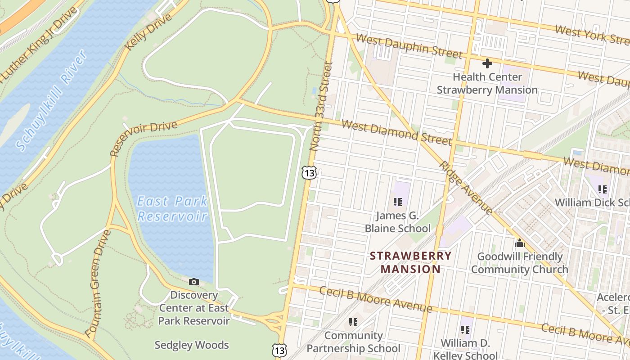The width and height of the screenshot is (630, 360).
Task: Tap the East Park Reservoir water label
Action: click(x=172, y=208)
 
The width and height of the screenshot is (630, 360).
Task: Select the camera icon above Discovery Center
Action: click(x=194, y=282)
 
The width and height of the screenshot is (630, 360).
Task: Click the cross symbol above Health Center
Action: click(x=487, y=63)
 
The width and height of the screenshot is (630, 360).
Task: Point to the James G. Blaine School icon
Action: click(x=397, y=202)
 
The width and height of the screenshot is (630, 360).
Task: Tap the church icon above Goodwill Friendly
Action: click(x=520, y=243)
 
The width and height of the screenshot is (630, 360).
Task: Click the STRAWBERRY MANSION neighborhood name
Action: click(x=410, y=262)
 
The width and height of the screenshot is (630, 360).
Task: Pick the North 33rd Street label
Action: click(x=321, y=107)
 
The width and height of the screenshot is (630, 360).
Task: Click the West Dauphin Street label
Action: click(x=409, y=46)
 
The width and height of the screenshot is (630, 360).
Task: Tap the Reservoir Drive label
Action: click(x=144, y=138)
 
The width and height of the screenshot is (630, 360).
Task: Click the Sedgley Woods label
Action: click(x=192, y=345)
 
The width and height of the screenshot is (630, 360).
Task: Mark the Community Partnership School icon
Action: click(x=353, y=322)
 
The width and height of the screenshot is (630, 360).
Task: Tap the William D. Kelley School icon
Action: click(x=465, y=330)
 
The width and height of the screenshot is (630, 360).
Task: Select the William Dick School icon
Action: click(x=603, y=189)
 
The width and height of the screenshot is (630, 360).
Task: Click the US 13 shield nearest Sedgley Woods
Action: click(x=279, y=350)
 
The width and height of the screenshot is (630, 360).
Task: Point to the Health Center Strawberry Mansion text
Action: click(x=487, y=83)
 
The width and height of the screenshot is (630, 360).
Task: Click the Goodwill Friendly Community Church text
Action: click(x=520, y=263)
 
